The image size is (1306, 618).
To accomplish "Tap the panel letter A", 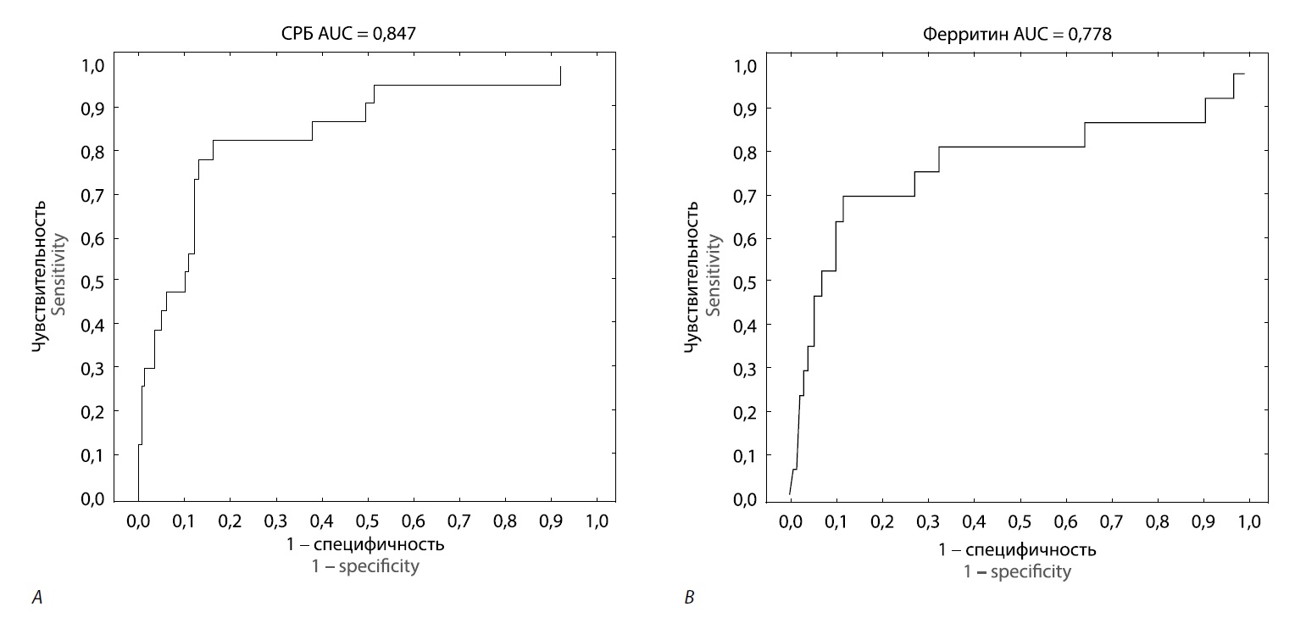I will pyautogui.click(x=36, y=599).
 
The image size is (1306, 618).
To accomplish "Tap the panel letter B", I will pyautogui.click(x=689, y=599).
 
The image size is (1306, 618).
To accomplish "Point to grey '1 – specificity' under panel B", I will pyautogui.click(x=1018, y=571).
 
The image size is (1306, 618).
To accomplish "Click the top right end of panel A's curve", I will pyautogui.click(x=560, y=67).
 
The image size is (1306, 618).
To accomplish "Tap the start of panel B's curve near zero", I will pyautogui.click(x=790, y=493).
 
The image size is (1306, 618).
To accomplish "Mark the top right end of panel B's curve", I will pyautogui.click(x=1243, y=75).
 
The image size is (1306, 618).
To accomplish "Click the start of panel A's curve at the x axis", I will pyautogui.click(x=138, y=498).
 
